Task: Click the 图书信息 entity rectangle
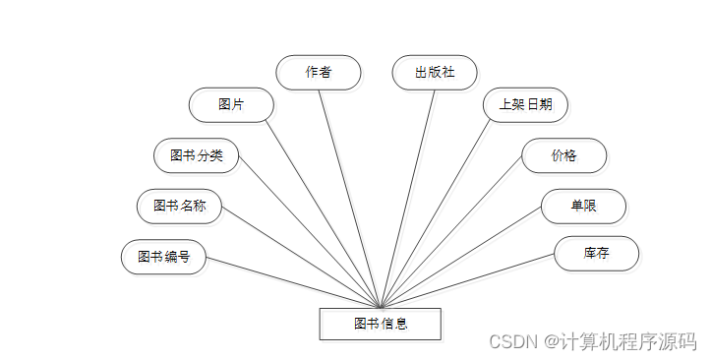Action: click(x=380, y=324)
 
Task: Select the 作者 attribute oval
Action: click(x=318, y=72)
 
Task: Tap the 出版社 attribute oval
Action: click(x=435, y=72)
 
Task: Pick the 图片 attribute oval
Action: click(x=231, y=104)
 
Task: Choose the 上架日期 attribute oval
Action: click(x=525, y=104)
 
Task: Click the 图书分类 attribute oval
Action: click(x=197, y=155)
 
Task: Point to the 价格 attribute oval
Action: click(x=563, y=155)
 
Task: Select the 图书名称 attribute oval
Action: click(x=179, y=206)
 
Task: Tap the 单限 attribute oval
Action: click(x=583, y=206)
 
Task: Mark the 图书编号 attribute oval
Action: click(x=163, y=257)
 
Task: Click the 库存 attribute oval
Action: click(x=596, y=253)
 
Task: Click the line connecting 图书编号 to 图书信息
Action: click(x=292, y=283)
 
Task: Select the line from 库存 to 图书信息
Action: click(x=467, y=280)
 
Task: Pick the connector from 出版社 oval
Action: click(x=408, y=197)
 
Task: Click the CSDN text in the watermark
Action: click(x=509, y=341)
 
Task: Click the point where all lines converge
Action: click(x=381, y=307)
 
